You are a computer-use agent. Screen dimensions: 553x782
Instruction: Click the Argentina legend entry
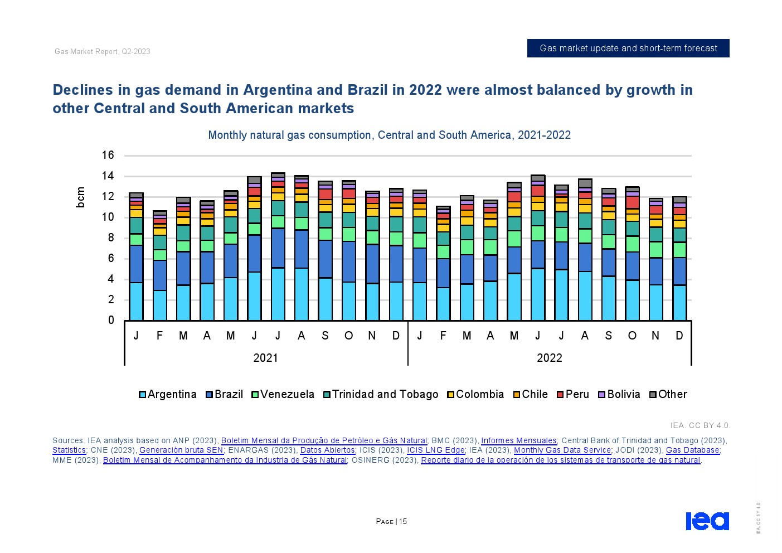167,395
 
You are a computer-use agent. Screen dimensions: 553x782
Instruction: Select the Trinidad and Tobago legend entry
381,395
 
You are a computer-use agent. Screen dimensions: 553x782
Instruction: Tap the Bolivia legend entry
619,395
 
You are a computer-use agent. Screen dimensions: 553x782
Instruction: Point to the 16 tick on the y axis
108,156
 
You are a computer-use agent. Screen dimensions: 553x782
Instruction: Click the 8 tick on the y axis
111,238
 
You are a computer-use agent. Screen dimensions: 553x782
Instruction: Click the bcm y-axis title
81,197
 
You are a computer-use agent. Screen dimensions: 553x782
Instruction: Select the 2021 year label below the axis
265,358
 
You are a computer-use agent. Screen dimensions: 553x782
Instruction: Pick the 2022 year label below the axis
549,358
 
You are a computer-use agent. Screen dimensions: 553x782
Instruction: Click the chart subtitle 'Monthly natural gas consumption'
389,135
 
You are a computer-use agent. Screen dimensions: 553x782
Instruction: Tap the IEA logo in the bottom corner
707,521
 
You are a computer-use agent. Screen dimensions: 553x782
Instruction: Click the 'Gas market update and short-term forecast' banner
628,48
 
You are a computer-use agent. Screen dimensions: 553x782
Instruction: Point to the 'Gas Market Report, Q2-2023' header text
103,52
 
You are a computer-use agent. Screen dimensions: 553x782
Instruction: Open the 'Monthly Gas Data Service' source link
562,450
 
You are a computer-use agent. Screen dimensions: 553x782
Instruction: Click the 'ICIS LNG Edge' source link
435,450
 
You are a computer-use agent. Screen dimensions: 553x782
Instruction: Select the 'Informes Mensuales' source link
518,441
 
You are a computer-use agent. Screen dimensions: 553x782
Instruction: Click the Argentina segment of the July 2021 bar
278,294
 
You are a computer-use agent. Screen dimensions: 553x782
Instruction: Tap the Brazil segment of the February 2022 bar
443,273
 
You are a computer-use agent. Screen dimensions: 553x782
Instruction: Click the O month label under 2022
632,336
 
